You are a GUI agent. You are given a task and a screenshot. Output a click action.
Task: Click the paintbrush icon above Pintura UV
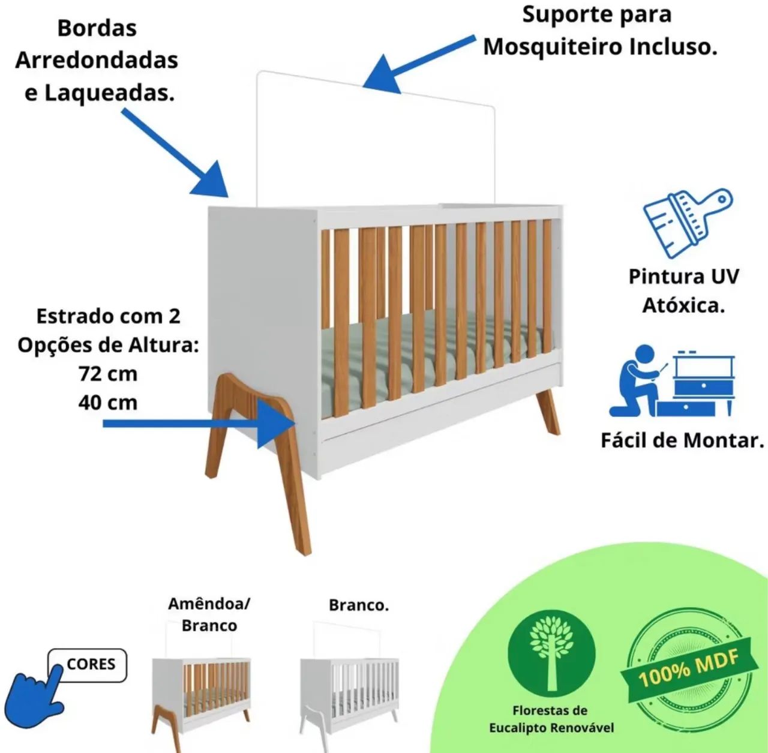point(688,223)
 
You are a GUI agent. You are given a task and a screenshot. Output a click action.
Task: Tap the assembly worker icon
point(671,381)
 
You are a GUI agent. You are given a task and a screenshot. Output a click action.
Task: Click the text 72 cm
point(108,374)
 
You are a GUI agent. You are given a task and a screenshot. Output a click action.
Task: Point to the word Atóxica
point(683,305)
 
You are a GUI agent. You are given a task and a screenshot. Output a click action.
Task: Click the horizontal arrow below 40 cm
point(199,424)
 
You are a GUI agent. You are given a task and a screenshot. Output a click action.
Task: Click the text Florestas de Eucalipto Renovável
point(551,719)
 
